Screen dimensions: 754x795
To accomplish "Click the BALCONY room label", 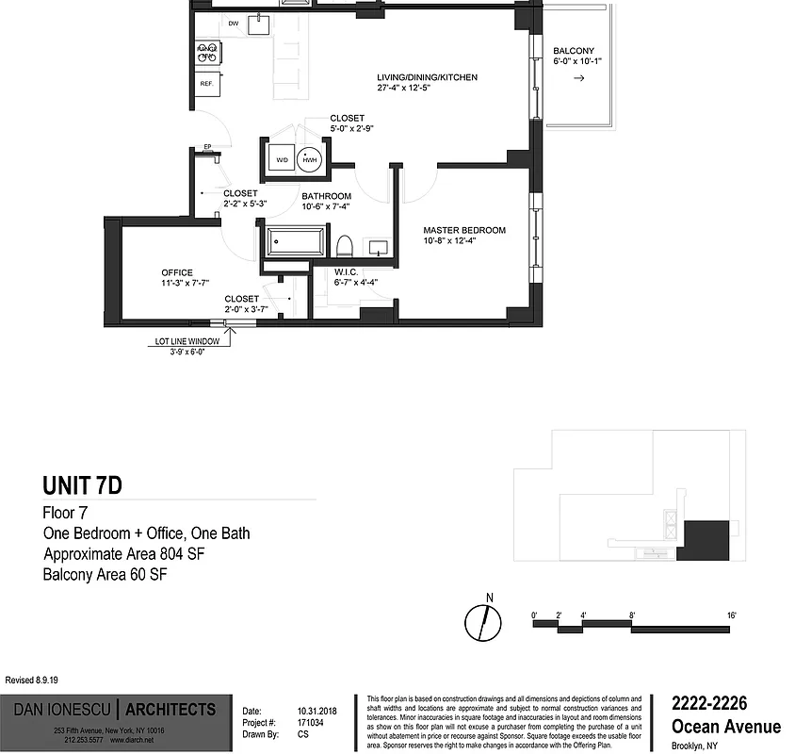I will (x=574, y=51).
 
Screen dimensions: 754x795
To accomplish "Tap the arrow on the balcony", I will (x=578, y=78).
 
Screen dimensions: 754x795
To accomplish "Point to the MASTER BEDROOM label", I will (x=464, y=230).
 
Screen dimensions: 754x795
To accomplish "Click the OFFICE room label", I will (x=176, y=273).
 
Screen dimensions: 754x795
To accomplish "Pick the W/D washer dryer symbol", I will (x=282, y=160).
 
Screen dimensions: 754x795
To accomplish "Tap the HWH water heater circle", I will (x=310, y=161).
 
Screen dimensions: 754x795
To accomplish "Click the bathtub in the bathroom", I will (x=295, y=242).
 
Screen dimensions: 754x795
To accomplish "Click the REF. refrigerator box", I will (x=207, y=83).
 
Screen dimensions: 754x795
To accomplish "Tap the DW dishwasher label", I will (x=233, y=23).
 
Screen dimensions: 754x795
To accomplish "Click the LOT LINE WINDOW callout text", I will (x=187, y=342).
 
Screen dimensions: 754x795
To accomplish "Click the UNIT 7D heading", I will (x=82, y=486).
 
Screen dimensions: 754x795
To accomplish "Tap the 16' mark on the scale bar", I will (x=731, y=615).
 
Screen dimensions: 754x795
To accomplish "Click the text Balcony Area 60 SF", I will (x=111, y=574).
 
